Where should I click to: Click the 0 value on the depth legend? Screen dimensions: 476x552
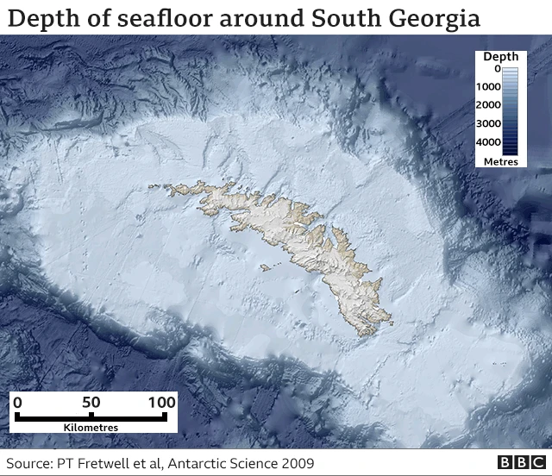coord(497,69)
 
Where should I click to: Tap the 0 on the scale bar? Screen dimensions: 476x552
coord(17,402)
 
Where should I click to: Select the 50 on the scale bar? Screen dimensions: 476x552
coord(91,402)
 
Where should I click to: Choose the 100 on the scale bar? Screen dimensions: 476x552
coord(161,402)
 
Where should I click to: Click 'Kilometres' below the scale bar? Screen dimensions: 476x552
coord(91,427)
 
